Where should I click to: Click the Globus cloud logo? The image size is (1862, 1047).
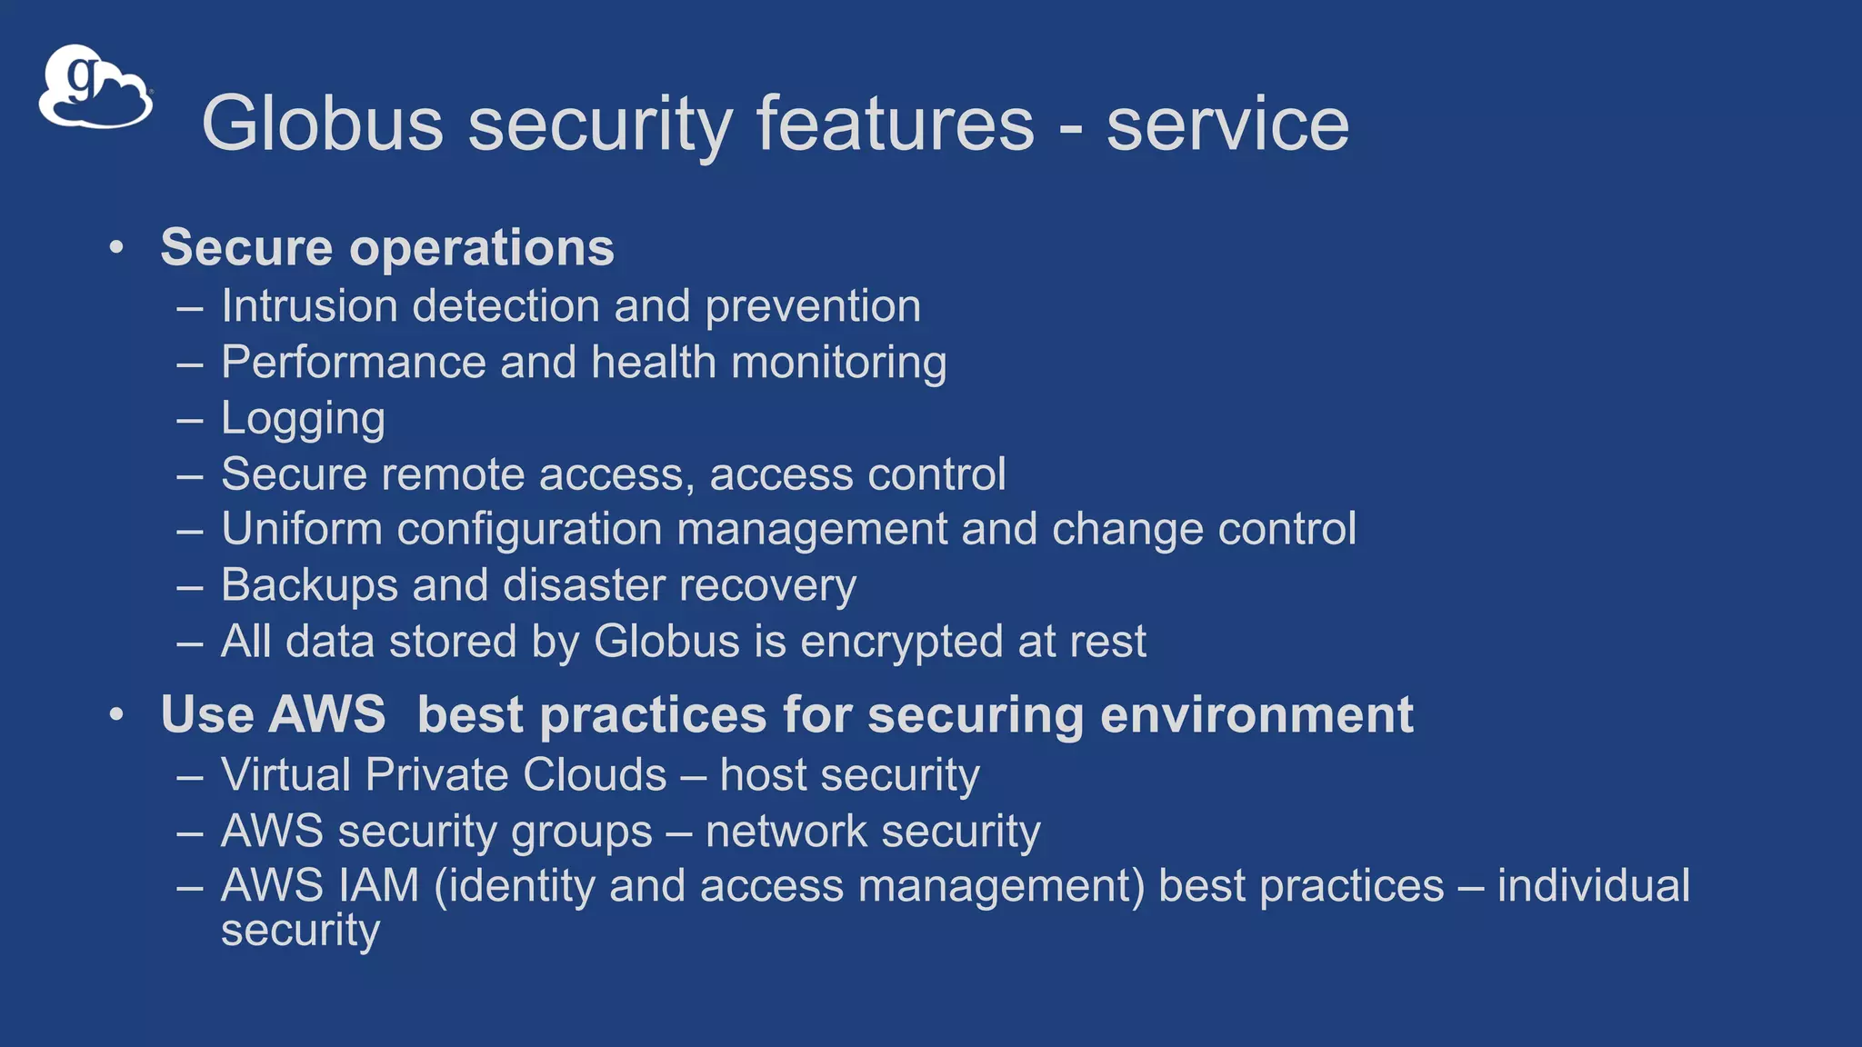click(95, 88)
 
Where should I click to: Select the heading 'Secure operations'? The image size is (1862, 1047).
click(387, 247)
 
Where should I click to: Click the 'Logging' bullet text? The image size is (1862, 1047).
click(303, 419)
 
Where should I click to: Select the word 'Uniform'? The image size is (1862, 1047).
click(301, 529)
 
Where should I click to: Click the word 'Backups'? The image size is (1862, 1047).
click(309, 585)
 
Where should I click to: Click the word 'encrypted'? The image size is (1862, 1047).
click(901, 642)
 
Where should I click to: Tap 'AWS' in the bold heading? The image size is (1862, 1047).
click(328, 714)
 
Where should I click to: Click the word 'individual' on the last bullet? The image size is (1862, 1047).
click(1593, 886)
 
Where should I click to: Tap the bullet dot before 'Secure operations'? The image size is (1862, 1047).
click(115, 248)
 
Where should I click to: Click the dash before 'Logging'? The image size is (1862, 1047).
click(190, 421)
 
